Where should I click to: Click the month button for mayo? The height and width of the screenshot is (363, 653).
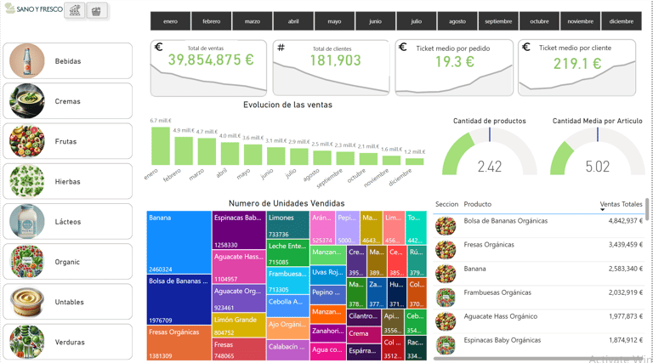[334, 21]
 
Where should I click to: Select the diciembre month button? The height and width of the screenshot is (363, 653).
[621, 21]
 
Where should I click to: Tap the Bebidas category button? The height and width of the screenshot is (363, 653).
[68, 61]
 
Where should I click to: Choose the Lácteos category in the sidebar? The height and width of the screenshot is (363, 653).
[68, 222]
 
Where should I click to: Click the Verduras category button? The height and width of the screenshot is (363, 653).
[68, 342]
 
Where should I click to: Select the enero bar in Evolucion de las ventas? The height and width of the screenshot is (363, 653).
[160, 145]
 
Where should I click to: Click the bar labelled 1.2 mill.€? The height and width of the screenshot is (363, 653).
[414, 161]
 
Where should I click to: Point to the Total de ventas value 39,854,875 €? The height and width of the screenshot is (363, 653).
[210, 60]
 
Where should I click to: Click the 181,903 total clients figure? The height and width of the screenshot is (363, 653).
[332, 61]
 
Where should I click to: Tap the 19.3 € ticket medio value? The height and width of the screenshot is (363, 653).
[454, 63]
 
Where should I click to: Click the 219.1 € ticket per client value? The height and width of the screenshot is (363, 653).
[576, 64]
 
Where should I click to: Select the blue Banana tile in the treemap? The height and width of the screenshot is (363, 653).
[179, 242]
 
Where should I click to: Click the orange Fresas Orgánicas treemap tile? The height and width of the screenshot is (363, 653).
[179, 343]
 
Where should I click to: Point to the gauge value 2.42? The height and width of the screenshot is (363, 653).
[490, 167]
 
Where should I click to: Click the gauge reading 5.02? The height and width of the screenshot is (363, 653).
[597, 167]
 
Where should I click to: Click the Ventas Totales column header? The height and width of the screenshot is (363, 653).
[621, 204]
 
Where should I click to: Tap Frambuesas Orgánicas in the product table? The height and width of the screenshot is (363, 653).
[497, 292]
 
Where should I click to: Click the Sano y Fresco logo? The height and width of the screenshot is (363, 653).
[34, 9]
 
